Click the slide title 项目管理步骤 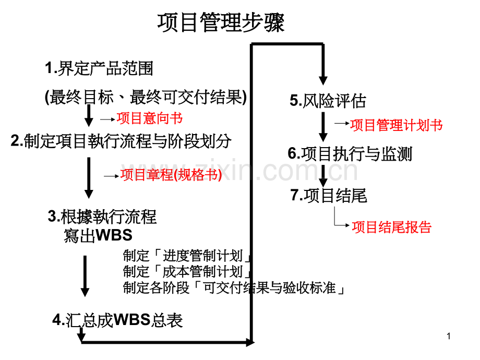(221, 22)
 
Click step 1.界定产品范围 (99, 68)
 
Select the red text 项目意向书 (149, 118)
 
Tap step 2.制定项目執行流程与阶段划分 (121, 141)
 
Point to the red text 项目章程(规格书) (171, 175)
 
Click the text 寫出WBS (98, 235)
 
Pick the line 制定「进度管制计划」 (187, 256)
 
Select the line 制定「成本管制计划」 (187, 271)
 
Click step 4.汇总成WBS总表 (117, 320)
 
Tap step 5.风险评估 (328, 101)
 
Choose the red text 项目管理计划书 (397, 125)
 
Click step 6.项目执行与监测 (350, 154)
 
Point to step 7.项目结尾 (329, 195)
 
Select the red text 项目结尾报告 (391, 227)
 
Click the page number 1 (449, 336)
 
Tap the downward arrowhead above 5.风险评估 (323, 80)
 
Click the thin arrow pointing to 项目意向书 (108, 119)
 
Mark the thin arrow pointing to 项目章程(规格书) (112, 176)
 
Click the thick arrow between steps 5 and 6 (323, 127)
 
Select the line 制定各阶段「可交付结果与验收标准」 (234, 288)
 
